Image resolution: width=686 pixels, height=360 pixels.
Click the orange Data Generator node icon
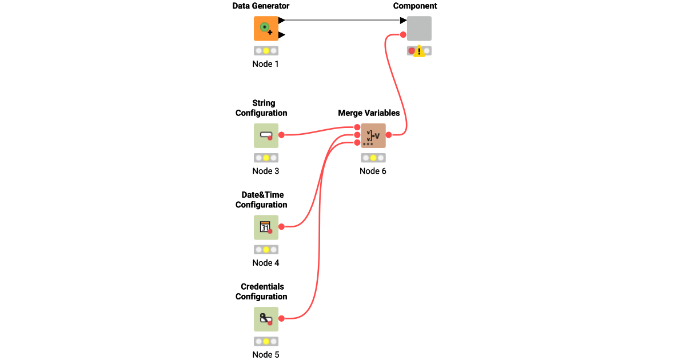point(266,28)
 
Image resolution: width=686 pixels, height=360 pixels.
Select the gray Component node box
point(419,28)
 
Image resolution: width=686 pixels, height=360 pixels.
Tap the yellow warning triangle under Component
point(419,51)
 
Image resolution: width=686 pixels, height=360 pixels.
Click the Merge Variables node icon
point(373,135)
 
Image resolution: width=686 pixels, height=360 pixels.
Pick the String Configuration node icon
point(266,135)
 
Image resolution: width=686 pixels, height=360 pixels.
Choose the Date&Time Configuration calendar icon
point(266,227)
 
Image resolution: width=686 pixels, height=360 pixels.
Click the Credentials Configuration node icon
point(266,319)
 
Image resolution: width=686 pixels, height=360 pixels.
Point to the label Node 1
point(266,64)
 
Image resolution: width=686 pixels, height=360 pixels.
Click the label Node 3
point(266,171)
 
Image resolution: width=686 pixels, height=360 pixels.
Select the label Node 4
point(266,263)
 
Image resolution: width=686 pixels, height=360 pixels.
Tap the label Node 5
point(266,354)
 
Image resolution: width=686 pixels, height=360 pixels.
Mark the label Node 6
point(373,171)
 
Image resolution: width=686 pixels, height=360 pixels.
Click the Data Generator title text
point(261,6)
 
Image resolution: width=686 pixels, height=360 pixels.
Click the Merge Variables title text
point(369,113)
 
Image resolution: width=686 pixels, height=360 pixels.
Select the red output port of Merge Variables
point(389,135)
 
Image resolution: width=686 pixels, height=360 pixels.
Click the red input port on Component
point(403,35)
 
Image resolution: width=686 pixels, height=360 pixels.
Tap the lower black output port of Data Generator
point(282,35)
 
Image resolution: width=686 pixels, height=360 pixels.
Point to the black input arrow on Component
point(403,21)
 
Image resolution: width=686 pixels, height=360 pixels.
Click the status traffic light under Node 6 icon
point(373,158)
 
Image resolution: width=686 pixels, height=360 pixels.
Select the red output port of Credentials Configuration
point(281,318)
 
